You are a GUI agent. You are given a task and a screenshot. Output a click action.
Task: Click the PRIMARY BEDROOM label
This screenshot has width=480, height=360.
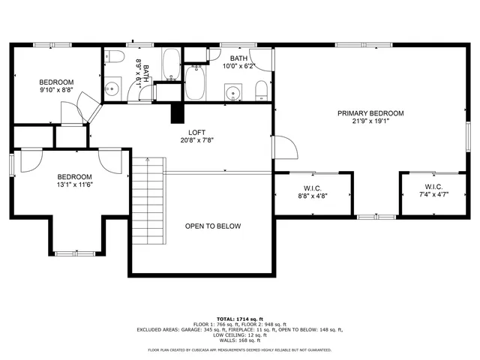[x=370, y=113]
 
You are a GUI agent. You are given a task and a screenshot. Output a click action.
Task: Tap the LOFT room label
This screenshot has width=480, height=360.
[x=197, y=130]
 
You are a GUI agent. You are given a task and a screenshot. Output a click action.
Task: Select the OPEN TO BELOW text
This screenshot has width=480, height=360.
[x=213, y=226]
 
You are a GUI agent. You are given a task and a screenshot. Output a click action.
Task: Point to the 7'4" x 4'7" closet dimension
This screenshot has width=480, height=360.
[x=434, y=195]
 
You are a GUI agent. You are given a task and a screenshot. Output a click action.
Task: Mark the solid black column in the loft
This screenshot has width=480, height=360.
[x=178, y=112]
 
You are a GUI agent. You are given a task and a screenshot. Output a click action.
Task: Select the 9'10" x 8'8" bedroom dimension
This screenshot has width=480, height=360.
[x=56, y=90]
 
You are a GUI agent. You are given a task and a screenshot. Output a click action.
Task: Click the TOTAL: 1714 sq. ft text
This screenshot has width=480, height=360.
[x=239, y=319]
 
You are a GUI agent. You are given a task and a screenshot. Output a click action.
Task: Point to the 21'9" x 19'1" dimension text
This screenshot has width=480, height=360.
[x=370, y=121]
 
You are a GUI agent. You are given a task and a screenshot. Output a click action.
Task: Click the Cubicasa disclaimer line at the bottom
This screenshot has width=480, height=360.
[x=239, y=349]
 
